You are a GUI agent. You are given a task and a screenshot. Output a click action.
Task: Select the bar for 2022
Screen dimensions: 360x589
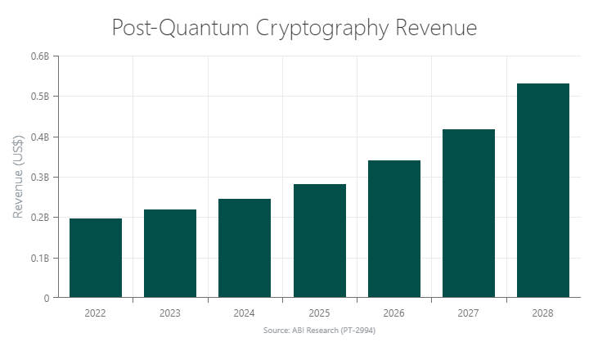(96, 258)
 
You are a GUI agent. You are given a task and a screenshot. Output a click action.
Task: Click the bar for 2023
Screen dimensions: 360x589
(170, 254)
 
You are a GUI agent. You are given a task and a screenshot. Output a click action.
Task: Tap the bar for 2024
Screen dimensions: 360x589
(245, 248)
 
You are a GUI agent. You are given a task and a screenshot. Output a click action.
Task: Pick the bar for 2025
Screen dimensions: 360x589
(319, 241)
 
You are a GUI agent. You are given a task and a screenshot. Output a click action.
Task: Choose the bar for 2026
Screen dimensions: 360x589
(393, 229)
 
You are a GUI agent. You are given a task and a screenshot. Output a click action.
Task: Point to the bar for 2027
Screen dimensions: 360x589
(468, 214)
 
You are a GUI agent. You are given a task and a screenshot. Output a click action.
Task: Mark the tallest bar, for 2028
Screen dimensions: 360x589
(542, 191)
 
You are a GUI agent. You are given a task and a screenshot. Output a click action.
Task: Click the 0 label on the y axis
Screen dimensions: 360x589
(47, 299)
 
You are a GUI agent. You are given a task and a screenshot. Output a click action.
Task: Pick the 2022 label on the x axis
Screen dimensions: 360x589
(96, 313)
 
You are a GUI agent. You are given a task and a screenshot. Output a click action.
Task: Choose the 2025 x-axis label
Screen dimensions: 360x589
(319, 313)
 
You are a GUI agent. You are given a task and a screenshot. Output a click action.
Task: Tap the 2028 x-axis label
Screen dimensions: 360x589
(542, 313)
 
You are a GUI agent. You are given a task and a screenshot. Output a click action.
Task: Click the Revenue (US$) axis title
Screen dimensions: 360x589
(18, 178)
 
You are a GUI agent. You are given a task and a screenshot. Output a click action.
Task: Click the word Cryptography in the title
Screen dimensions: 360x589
(322, 29)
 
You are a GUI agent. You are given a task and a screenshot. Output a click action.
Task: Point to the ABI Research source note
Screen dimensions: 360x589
(319, 331)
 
